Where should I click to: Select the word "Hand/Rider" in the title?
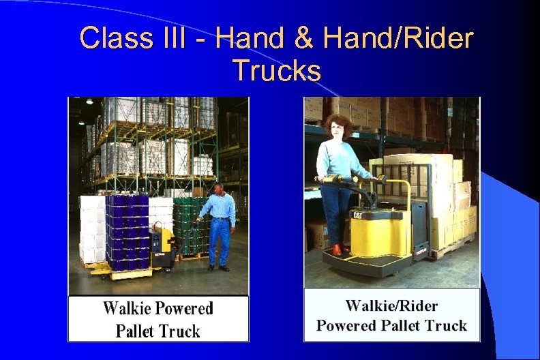pos(398,39)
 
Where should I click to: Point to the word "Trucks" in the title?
pos(276,70)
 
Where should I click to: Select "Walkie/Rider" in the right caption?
pos(391,305)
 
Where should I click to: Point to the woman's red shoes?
pos(337,250)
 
